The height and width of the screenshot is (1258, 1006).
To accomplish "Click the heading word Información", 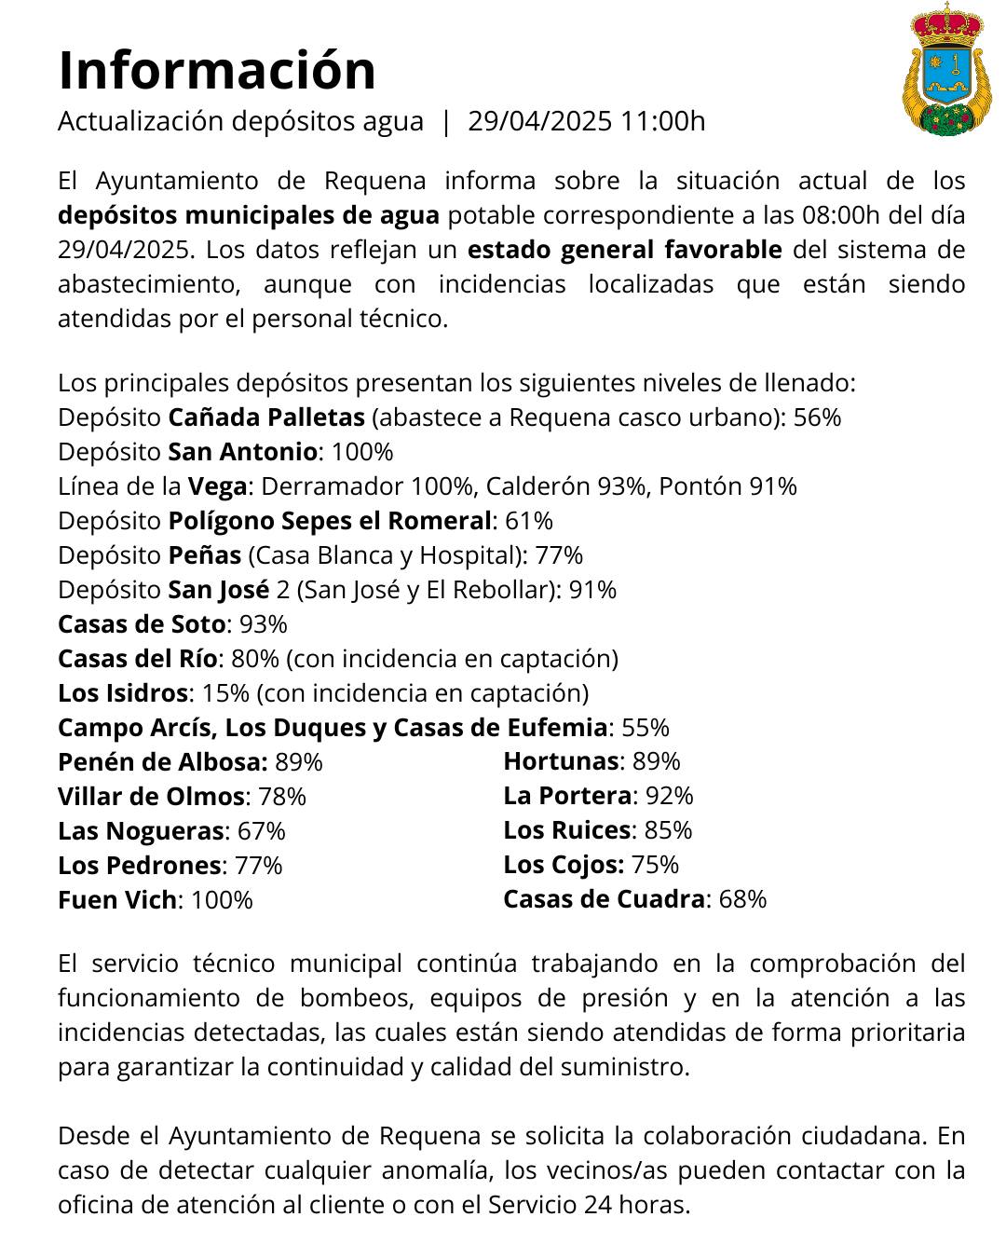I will (x=216, y=70).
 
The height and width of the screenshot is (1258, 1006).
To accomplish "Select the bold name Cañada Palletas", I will (x=265, y=417).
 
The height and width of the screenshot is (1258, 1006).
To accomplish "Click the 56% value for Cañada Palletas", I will (x=817, y=417).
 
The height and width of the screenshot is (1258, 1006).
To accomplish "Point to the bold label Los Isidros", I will (x=123, y=693).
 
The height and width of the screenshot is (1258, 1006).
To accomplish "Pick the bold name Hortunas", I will (x=561, y=761).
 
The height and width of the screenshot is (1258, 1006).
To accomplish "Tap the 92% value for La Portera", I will (x=669, y=796).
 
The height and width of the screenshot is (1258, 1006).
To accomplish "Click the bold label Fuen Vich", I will (x=116, y=900).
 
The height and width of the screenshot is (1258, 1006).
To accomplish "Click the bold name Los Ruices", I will (x=567, y=830).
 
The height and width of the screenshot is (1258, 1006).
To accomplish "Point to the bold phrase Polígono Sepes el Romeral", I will (x=329, y=521).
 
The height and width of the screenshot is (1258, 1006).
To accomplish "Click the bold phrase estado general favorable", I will (x=624, y=250).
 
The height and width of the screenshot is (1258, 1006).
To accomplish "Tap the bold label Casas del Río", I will (x=137, y=659).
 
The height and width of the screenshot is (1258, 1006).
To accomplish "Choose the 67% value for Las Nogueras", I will (x=261, y=831).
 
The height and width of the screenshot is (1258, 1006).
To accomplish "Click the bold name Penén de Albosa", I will (x=162, y=762).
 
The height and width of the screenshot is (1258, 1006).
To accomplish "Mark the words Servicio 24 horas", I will (x=589, y=1205).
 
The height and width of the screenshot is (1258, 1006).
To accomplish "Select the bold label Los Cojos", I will (x=563, y=865).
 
